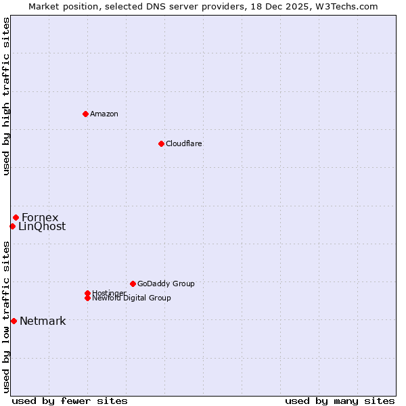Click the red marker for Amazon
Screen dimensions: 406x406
point(85,114)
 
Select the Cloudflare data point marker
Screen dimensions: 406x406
point(161,143)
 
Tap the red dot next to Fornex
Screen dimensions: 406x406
point(16,217)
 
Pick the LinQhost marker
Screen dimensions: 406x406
point(12,226)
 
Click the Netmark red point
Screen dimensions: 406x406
point(14,321)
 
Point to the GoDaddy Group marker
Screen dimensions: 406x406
point(133,284)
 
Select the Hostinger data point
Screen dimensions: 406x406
point(87,293)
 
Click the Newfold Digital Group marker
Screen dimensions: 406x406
point(87,298)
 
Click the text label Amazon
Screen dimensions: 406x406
point(104,114)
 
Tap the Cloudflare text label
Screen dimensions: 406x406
point(183,143)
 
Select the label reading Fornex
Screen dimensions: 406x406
point(40,217)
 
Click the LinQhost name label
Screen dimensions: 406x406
point(42,227)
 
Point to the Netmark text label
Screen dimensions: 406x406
point(43,321)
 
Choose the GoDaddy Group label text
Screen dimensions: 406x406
point(166,284)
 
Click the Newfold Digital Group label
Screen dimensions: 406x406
point(131,298)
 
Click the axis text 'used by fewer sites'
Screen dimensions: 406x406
point(70,401)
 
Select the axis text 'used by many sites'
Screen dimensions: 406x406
point(340,401)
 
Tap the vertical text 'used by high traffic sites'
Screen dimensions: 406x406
point(6,96)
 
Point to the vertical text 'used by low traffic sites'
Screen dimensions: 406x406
point(6,317)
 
